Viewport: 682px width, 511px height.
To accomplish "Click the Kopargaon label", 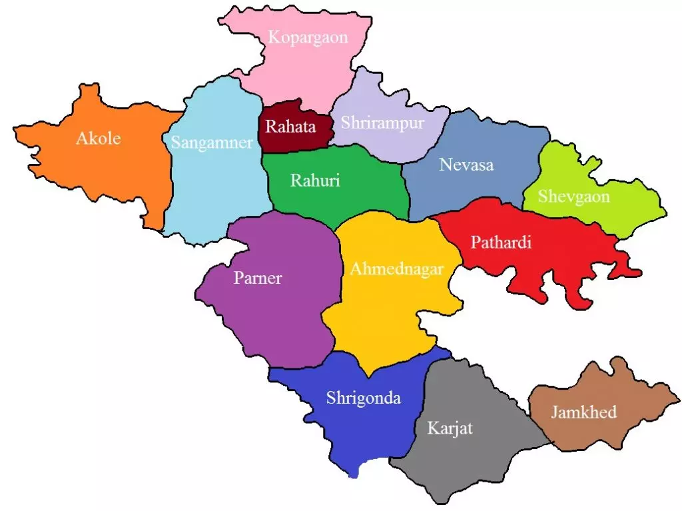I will click(308, 37).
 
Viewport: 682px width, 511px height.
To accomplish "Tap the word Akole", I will click(99, 139).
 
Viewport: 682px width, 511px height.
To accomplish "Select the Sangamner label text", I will click(212, 143).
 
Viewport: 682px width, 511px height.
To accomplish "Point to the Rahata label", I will click(291, 126).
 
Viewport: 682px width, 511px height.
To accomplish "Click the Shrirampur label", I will click(382, 123).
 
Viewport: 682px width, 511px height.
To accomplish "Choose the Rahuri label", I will click(315, 181).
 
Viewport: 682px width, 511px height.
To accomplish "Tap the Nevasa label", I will click(466, 165).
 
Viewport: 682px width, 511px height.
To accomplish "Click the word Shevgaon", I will click(573, 197).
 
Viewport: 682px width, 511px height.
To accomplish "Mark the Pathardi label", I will click(501, 243).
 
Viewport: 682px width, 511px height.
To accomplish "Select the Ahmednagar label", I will click(397, 270).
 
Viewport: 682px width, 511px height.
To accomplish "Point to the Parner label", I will click(258, 278).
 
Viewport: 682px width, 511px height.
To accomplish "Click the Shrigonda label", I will click(363, 398).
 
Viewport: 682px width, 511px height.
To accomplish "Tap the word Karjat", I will click(450, 428).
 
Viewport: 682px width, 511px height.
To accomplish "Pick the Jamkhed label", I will click(583, 412).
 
